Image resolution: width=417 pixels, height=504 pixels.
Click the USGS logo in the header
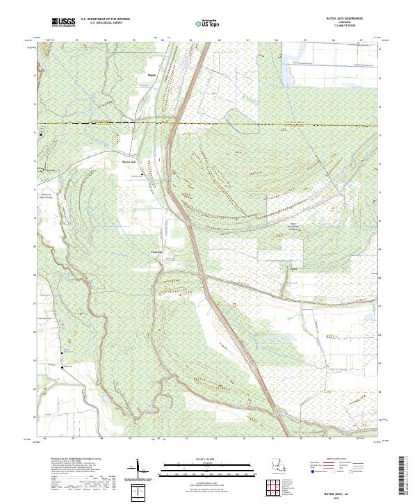(x=63, y=22)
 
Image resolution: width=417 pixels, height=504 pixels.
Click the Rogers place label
(x=152, y=73)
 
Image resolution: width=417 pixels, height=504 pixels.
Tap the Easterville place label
(x=156, y=252)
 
